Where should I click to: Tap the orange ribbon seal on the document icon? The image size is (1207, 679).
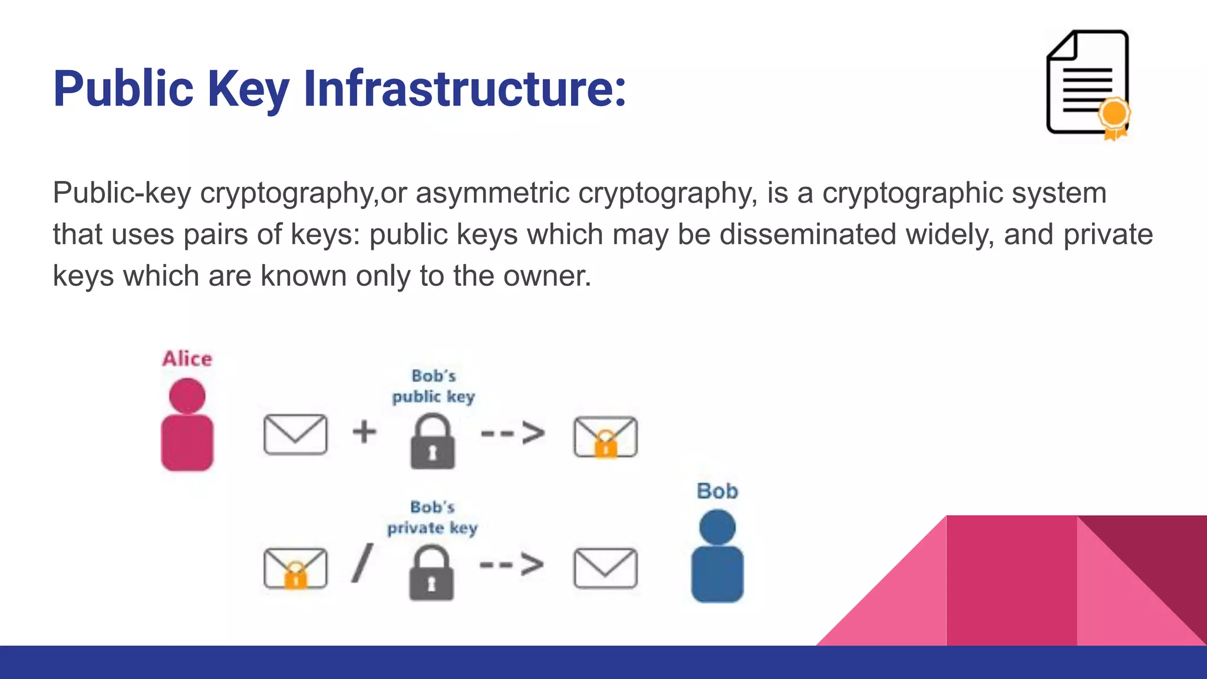(x=1114, y=116)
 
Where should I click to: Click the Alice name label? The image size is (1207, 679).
(x=187, y=358)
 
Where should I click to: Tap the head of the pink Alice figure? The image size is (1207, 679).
(x=187, y=395)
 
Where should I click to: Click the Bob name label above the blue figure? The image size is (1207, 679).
(x=717, y=491)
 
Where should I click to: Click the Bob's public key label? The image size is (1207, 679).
(x=433, y=386)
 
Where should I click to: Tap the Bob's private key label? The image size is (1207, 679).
(x=432, y=518)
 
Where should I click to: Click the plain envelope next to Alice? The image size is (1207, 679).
(x=295, y=434)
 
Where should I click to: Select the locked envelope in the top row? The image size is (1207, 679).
(x=605, y=437)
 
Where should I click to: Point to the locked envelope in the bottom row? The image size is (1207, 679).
(x=295, y=568)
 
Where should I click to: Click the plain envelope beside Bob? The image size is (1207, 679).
(x=605, y=568)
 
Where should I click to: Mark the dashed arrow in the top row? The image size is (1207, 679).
(x=513, y=433)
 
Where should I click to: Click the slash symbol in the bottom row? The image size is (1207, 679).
(x=362, y=563)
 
